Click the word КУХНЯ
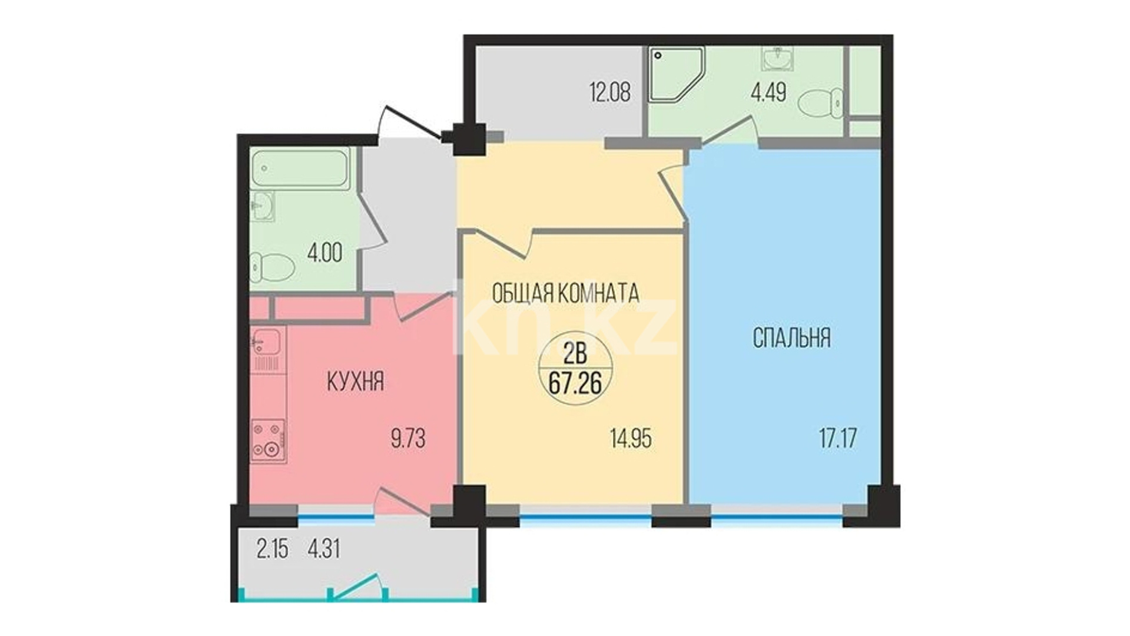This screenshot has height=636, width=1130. pos(356,382)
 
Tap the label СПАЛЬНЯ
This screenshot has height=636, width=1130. pos(792,338)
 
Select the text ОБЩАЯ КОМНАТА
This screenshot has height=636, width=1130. pos(565,293)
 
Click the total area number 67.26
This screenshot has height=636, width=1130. pos(575,384)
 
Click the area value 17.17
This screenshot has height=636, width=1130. pos(838,438)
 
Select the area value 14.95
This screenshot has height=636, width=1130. pos(631,439)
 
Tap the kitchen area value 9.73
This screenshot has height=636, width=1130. pos(408,439)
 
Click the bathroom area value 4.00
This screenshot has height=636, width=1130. pos(324,253)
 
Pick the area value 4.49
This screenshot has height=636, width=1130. pos(768,93)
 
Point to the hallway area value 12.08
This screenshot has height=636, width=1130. pos(610,92)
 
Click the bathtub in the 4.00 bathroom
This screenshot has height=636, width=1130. pos(300,169)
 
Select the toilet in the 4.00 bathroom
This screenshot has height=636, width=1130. pos(272,267)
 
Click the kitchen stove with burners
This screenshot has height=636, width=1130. pos(269,440)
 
